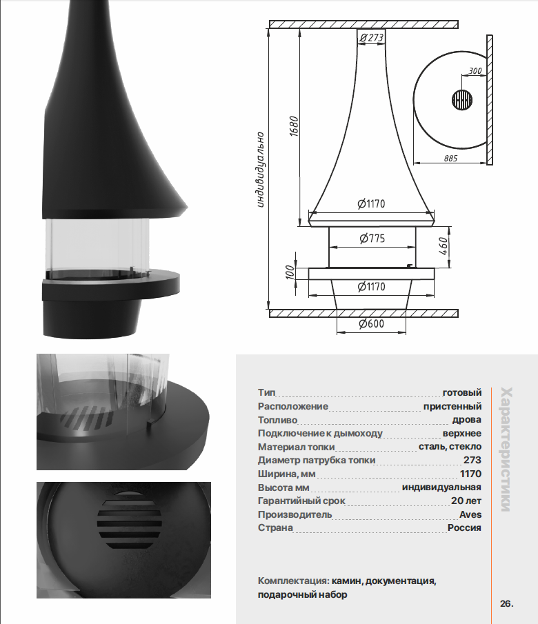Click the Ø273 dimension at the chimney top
(x=371, y=37)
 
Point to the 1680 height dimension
(x=294, y=127)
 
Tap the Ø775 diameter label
(x=372, y=239)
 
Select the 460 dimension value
(x=444, y=246)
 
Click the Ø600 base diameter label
(x=372, y=323)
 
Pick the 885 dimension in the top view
(x=450, y=159)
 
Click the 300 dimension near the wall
(x=475, y=71)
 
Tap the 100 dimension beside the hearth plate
(x=290, y=272)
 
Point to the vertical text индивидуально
(x=260, y=170)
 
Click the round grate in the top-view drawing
(x=462, y=99)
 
